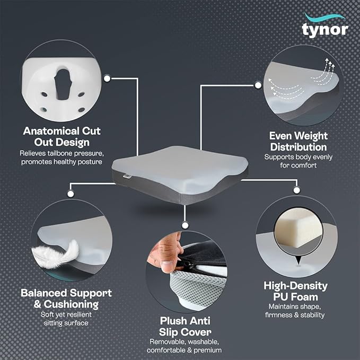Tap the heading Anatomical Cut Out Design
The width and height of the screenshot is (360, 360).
tap(62, 136)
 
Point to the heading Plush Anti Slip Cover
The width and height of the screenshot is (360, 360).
tap(185, 326)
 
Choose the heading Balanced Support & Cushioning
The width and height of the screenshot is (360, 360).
tap(66, 298)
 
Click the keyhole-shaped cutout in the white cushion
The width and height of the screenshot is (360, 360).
tap(63, 74)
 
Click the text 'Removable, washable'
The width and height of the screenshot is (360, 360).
tap(185, 341)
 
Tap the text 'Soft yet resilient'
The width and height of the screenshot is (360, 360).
tap(66, 313)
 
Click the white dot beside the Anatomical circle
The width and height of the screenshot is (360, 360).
tap(107, 78)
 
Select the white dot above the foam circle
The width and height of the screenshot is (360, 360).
tap(295, 189)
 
